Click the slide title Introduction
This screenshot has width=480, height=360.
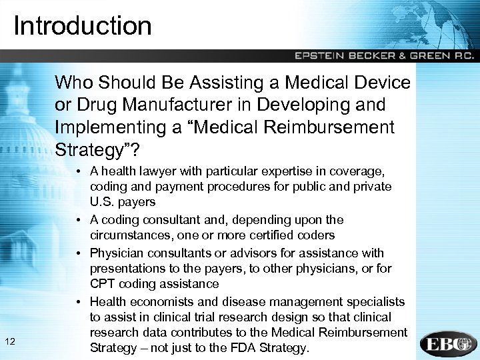tap(82, 26)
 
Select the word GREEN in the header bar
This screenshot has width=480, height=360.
tap(425, 56)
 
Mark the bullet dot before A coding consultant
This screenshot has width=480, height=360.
tap(79, 220)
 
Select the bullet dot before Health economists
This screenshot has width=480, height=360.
tap(79, 301)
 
